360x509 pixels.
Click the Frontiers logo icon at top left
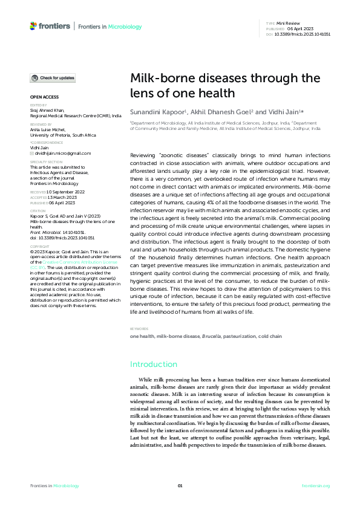pos(33,26)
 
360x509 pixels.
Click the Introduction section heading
pos(154,365)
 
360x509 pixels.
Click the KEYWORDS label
pos(139,329)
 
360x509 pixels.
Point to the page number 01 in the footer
pos(180,485)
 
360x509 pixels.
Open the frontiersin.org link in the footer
pos(316,485)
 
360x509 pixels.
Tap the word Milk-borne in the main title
pos(159,78)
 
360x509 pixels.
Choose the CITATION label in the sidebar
pos(37,211)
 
